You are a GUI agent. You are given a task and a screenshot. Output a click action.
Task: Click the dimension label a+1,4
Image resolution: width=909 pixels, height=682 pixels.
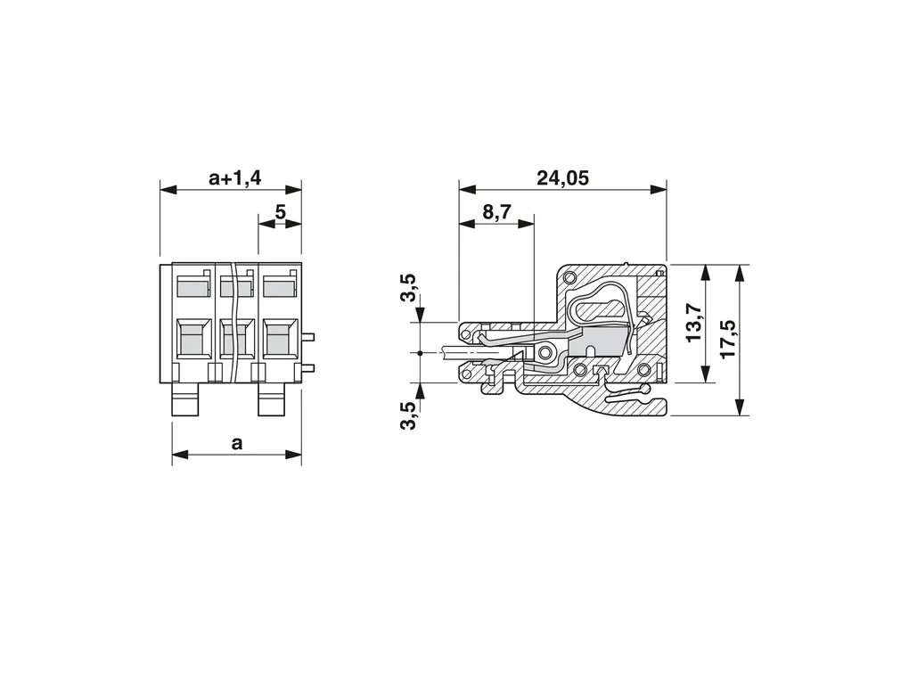(234, 177)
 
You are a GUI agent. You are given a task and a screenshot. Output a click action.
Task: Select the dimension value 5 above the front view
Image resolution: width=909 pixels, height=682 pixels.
(281, 212)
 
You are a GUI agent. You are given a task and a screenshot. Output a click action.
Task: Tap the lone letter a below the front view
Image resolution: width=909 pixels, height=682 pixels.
(236, 444)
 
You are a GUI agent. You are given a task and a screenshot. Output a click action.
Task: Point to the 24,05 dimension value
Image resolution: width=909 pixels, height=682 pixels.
(562, 177)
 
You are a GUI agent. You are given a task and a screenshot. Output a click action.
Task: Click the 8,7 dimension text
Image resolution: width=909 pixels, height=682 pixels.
(496, 212)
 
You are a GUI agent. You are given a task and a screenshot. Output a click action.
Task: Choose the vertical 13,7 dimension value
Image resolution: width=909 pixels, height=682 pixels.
(694, 323)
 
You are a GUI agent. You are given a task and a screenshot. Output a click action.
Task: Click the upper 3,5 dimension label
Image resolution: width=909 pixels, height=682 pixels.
(409, 288)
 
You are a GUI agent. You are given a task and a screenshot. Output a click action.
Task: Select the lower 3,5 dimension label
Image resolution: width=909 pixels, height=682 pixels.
(409, 415)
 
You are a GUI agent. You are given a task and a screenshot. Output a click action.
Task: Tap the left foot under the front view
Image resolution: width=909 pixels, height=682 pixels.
(185, 399)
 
